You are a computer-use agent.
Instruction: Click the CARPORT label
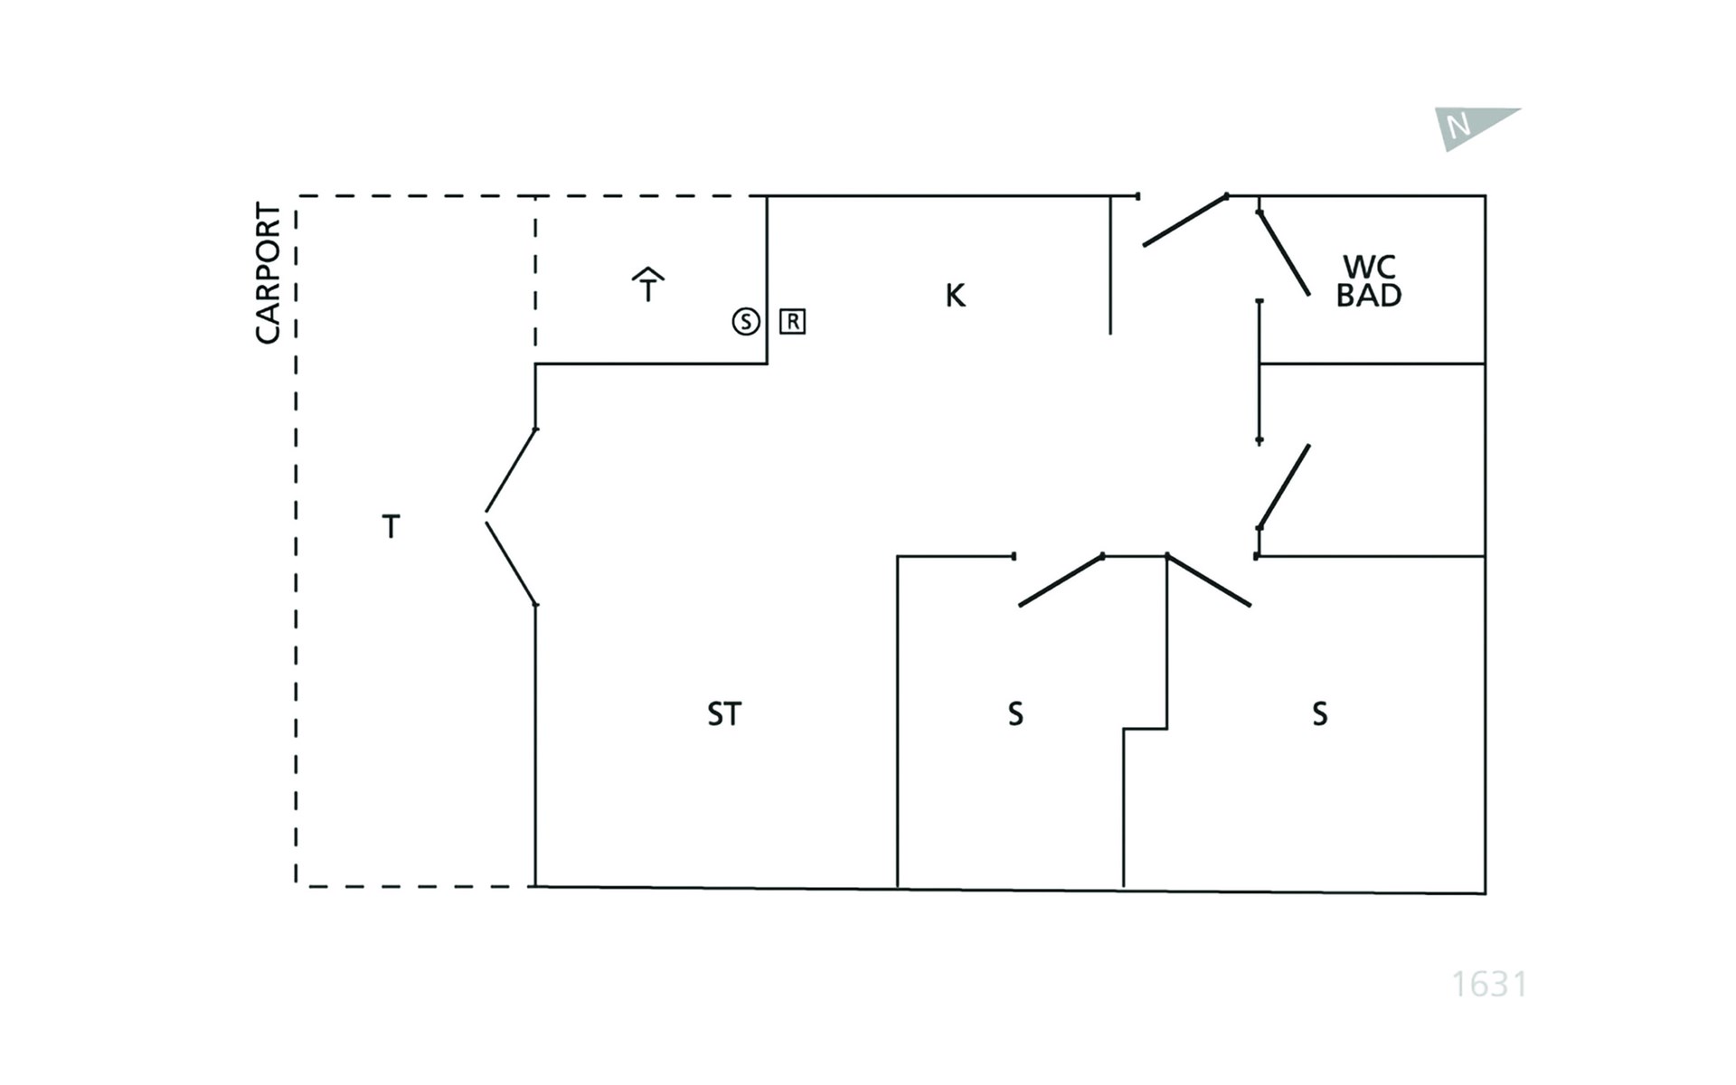pos(268,272)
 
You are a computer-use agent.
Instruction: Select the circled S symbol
pos(746,321)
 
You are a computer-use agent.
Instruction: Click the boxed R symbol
pos(792,321)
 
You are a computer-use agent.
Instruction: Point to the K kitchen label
pos(955,295)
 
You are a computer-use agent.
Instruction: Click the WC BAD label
pos(1369,281)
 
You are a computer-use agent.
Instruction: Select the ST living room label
pos(723,714)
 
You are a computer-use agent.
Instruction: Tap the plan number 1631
pos(1489,984)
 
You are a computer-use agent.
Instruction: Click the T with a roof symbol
pos(647,285)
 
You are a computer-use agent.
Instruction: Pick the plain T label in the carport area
pos(391,526)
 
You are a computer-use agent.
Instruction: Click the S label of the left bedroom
pos(1015,714)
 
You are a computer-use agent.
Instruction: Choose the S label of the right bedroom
pos(1320,714)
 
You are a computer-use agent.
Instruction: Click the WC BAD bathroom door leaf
pos(1284,253)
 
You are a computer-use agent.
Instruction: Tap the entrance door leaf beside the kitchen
pos(1185,221)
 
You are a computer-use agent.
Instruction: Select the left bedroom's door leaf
pos(1061,580)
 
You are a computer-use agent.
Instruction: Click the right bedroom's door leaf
pos(1209,580)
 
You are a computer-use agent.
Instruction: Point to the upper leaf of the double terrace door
pos(512,470)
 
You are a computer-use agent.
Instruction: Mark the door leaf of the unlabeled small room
pos(1284,486)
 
